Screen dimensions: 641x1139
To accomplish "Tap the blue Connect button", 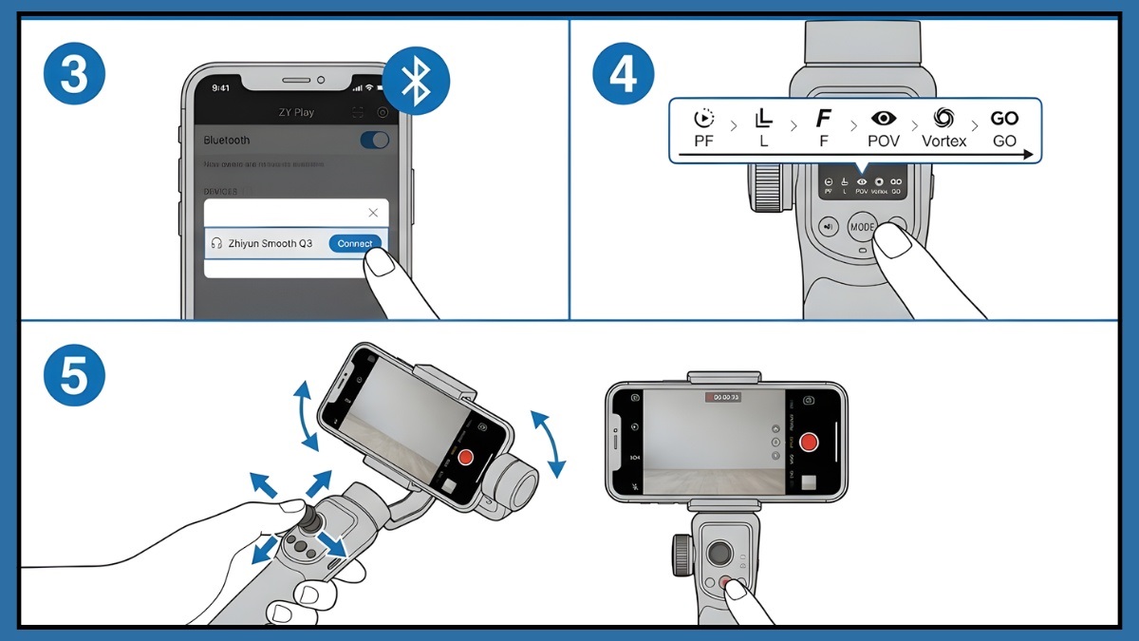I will (x=355, y=243).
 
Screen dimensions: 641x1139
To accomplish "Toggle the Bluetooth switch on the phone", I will (x=375, y=141).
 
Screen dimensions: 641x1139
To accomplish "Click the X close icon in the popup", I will (x=373, y=213).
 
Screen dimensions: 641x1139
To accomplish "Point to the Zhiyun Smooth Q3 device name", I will (x=271, y=243).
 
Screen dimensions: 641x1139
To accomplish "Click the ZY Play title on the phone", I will (x=296, y=112).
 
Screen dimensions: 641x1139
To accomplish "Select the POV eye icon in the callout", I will (x=884, y=119).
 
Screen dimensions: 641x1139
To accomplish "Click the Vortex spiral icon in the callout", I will (x=943, y=119).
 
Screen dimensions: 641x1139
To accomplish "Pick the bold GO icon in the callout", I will (x=1004, y=119).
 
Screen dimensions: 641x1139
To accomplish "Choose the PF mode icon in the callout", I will (x=703, y=119).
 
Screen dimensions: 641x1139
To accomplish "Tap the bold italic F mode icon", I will (x=823, y=119).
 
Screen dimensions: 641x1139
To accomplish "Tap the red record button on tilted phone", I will (x=465, y=457).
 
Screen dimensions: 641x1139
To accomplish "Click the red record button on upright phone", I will (x=809, y=443).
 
